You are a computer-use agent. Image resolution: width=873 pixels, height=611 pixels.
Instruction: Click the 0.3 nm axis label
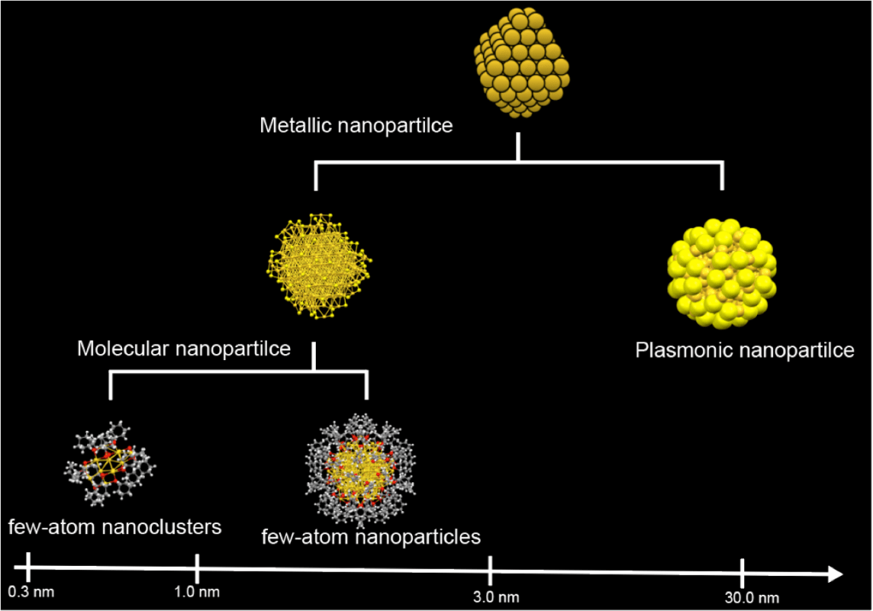point(31,591)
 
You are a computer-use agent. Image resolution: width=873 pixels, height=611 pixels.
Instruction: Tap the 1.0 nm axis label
point(197,591)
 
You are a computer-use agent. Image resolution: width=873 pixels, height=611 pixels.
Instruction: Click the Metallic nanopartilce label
point(356,126)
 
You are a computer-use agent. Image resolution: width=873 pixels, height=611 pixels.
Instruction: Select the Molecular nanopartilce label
point(183,348)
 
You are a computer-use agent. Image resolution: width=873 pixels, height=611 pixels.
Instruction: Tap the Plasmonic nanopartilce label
point(744,351)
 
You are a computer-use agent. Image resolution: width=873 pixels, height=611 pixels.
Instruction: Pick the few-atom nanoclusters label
point(115,527)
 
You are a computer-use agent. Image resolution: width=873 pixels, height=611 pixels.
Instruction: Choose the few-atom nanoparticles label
point(371,537)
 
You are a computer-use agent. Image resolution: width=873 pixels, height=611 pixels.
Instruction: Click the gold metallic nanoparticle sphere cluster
point(520,63)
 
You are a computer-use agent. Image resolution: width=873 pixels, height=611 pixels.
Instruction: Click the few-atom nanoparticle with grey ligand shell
point(359,470)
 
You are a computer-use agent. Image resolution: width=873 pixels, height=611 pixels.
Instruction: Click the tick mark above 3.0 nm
point(491,567)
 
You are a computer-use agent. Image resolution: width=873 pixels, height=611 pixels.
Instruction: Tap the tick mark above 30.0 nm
point(742,571)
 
